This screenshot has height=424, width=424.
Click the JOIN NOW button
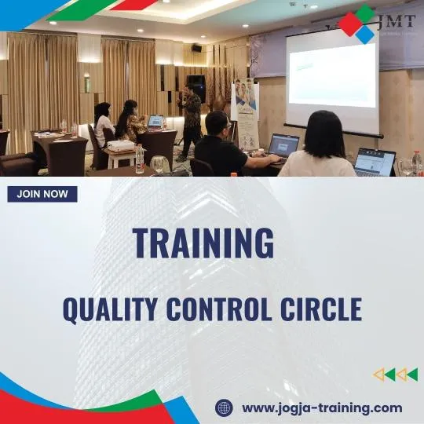tap(42, 194)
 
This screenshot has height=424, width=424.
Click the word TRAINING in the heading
tap(203, 243)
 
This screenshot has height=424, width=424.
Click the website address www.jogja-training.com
tap(322, 408)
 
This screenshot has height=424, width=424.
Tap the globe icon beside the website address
tap(224, 408)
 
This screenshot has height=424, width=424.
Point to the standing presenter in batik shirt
tap(190, 118)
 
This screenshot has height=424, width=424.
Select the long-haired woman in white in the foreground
tap(316, 148)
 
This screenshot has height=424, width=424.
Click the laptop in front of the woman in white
tap(375, 163)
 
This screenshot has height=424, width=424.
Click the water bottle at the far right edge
tap(417, 163)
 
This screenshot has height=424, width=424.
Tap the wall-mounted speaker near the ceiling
tap(196, 47)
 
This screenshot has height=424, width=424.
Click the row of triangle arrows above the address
tap(395, 375)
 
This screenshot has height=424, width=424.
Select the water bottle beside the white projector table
tap(140, 159)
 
